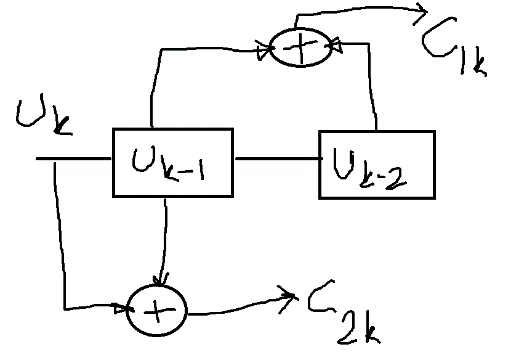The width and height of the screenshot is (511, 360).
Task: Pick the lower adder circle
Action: pyautogui.click(x=157, y=311)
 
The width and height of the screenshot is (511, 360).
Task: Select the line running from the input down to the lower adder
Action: pyautogui.click(x=63, y=250)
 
